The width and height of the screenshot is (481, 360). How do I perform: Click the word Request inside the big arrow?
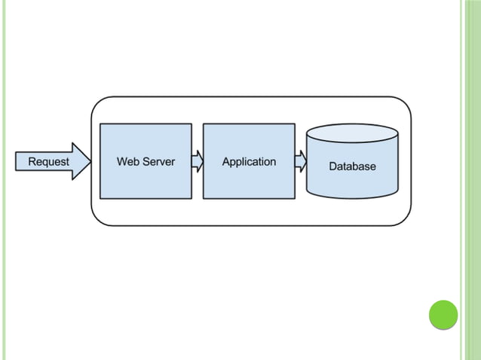click(48, 161)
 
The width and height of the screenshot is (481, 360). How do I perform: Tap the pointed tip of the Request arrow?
click(90, 161)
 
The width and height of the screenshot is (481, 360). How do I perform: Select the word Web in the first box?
click(127, 161)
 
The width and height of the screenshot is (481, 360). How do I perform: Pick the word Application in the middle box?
click(249, 161)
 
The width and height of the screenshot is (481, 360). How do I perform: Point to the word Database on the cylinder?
click(352, 166)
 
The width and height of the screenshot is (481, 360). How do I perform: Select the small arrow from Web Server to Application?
click(198, 161)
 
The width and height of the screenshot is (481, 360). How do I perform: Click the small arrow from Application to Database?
click(300, 161)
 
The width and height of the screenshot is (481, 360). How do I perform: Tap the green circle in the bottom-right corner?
click(443, 315)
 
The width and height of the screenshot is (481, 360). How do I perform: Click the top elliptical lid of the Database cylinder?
click(352, 134)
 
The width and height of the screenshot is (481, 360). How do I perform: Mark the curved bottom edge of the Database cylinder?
click(352, 197)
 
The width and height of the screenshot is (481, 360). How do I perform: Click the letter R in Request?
click(32, 161)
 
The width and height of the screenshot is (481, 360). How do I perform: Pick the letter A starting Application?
click(225, 161)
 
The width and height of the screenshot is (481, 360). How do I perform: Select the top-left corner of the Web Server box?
click(100, 124)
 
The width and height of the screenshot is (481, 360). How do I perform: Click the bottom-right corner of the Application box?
click(294, 198)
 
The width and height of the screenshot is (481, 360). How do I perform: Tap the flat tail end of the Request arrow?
click(17, 161)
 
